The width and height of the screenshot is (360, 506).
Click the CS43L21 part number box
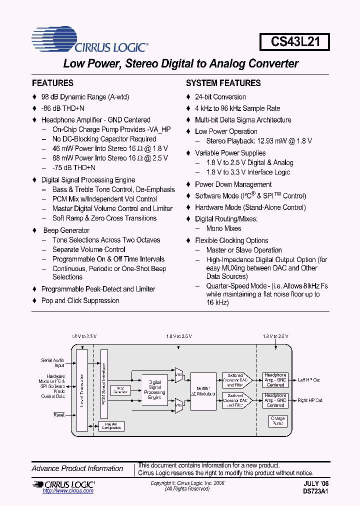coord(294,41)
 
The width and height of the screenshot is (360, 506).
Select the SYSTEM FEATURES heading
coord(223,83)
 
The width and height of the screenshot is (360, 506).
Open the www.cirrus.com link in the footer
coord(62,491)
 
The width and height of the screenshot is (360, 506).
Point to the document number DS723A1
coord(315,491)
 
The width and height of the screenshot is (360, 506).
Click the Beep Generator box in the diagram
coord(120,390)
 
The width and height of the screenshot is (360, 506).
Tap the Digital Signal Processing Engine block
coord(154,389)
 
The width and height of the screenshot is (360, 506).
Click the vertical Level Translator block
coord(81,390)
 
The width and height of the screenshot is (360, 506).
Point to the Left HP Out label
coord(309,380)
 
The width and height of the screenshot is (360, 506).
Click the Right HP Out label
coord(310,400)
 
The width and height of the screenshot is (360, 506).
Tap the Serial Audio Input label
coord(52,363)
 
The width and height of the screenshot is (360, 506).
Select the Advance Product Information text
coord(77,468)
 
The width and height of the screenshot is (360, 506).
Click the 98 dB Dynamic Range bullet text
coord(85,97)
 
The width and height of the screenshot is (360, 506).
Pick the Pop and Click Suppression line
coord(80,300)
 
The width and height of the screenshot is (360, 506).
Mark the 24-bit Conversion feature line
coord(220,97)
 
